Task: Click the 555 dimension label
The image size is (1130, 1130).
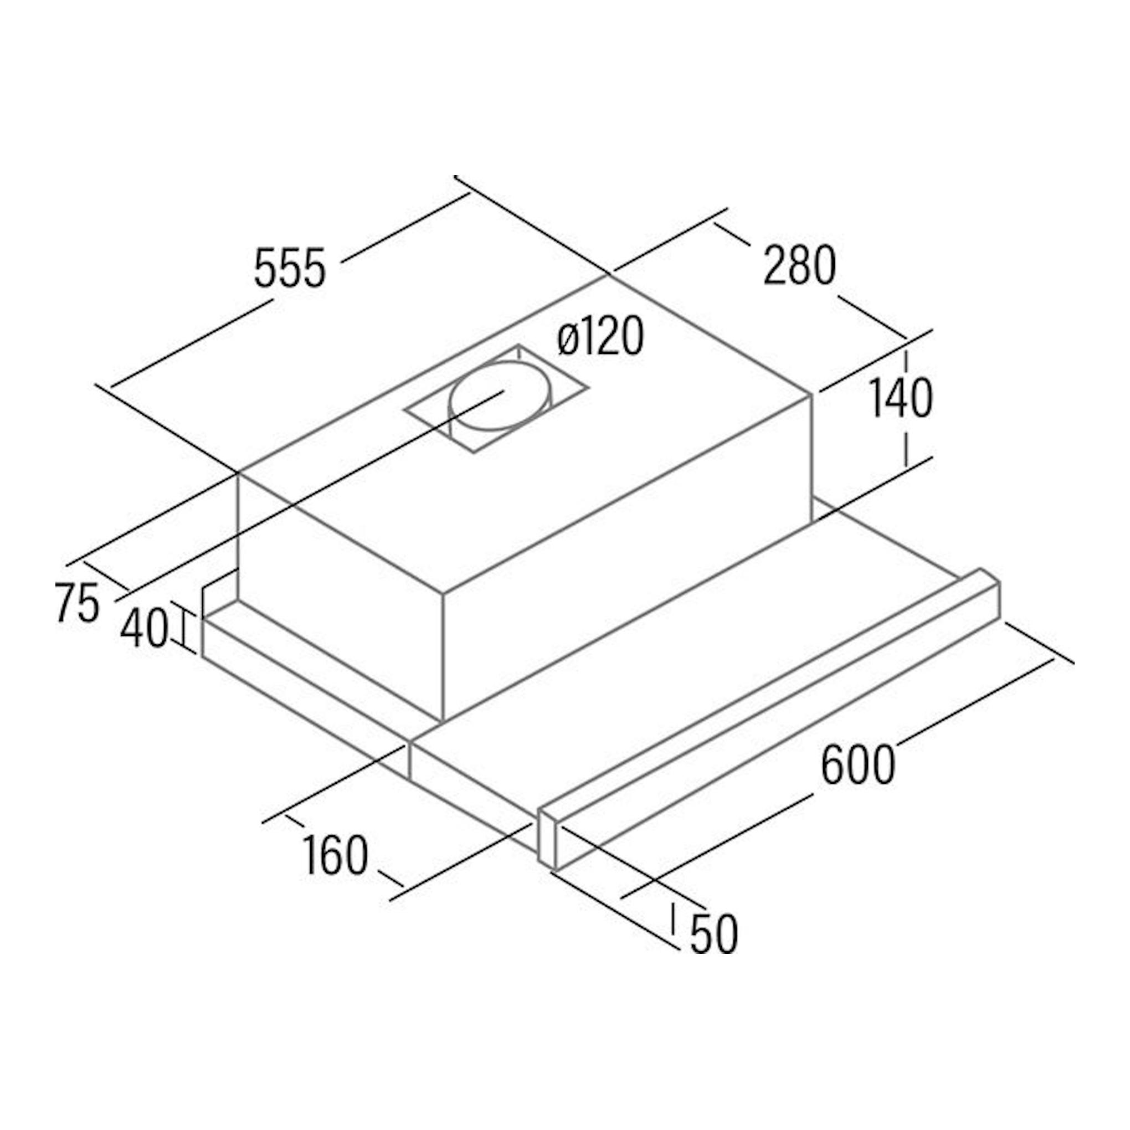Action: pyautogui.click(x=290, y=268)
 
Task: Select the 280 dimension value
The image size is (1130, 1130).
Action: pyautogui.click(x=799, y=265)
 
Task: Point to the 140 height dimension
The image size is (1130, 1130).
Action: pyautogui.click(x=901, y=398)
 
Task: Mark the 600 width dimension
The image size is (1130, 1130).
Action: pyautogui.click(x=858, y=764)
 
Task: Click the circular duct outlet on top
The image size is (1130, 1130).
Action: pyautogui.click(x=500, y=396)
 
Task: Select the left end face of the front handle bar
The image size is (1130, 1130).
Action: pyautogui.click(x=547, y=841)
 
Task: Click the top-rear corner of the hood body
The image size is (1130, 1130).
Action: pyautogui.click(x=609, y=275)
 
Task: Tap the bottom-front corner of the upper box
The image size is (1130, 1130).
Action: pyautogui.click(x=443, y=721)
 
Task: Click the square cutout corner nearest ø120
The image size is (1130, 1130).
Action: pyautogui.click(x=517, y=345)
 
